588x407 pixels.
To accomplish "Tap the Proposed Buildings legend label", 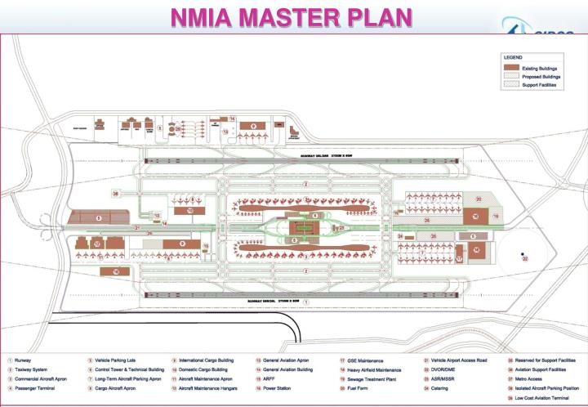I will (543, 76).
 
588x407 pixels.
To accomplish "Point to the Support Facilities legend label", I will (541, 85).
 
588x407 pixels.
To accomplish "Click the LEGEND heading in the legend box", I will (513, 57).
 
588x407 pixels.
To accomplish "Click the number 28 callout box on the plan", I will (116, 194).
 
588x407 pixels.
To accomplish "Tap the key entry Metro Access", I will (535, 379).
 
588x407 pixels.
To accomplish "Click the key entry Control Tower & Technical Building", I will (130, 369).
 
